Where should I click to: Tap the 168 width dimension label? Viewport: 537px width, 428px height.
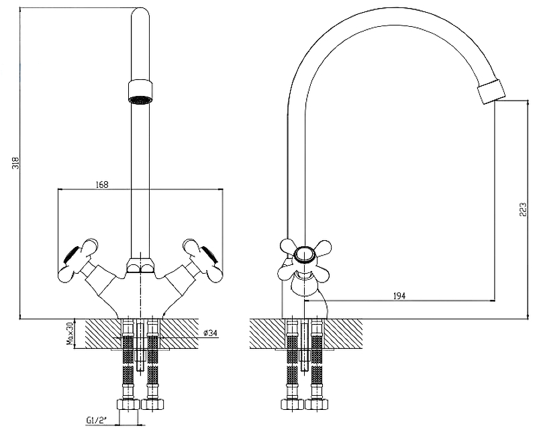tap(102, 184)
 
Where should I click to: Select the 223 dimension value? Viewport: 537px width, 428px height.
tap(522, 210)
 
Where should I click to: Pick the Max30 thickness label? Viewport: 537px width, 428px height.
tap(68, 333)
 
